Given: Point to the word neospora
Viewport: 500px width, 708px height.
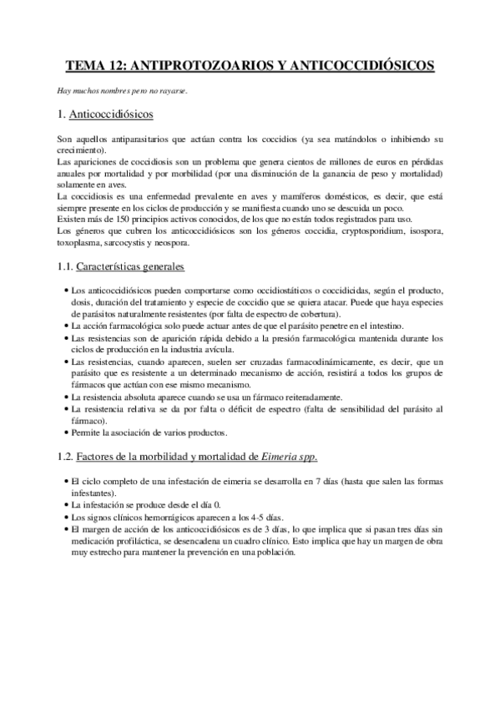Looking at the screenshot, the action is click(173, 243).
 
